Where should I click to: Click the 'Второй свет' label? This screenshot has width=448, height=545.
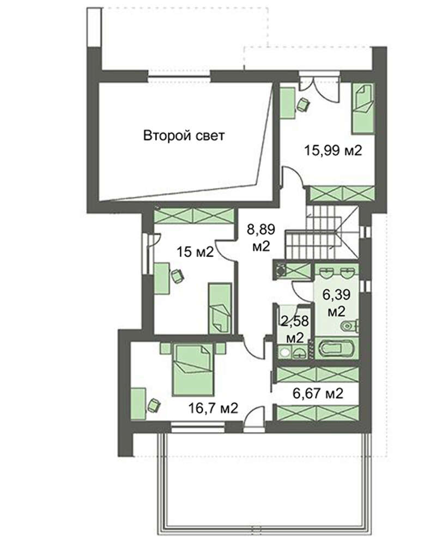coord(184,135)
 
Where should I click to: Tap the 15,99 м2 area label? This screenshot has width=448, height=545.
coord(333,150)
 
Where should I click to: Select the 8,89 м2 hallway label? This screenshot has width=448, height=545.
coord(261,238)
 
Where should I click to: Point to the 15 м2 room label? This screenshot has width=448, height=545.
coord(195,251)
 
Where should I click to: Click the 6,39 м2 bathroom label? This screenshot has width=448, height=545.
coord(336,302)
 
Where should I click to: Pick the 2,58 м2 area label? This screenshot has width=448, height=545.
coord(295,329)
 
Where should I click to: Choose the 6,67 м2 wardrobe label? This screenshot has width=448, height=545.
coord(318,393)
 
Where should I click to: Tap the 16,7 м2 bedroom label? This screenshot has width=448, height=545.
coord(214,408)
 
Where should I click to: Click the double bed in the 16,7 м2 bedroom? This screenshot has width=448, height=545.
coord(193,369)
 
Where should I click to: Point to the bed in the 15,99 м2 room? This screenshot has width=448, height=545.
coord(363,108)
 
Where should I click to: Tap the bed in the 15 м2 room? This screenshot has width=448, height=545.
coord(220,308)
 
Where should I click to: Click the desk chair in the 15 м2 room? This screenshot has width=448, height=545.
coord(178,276)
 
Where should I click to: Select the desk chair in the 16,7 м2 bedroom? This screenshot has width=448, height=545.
coord(154,405)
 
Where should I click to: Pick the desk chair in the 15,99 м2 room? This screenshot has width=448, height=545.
coord(303,105)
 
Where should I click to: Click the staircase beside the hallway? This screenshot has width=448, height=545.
coord(322,232)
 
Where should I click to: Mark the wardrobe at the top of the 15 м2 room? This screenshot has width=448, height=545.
coord(193,216)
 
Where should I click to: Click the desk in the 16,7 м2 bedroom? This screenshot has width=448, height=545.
coord(138,404)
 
